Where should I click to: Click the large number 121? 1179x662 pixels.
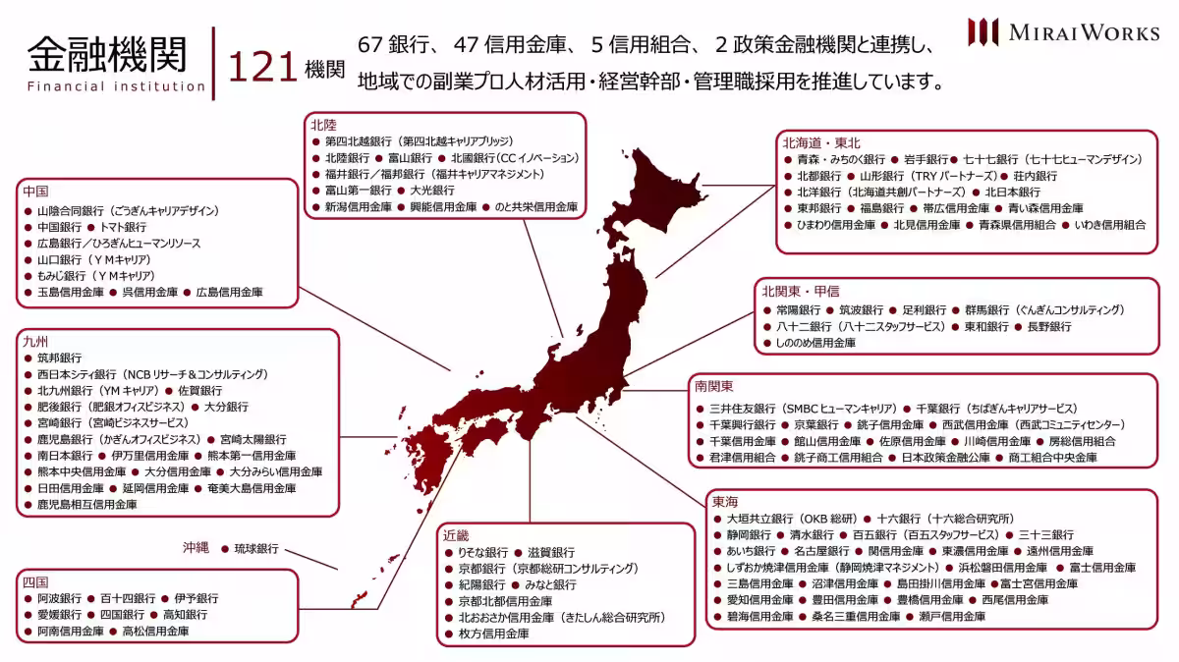click(262, 68)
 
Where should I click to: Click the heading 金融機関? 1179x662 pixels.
click(106, 54)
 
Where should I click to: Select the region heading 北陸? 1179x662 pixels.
click(323, 125)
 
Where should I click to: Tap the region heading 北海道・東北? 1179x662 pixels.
click(821, 142)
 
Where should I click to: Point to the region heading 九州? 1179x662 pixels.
click(35, 341)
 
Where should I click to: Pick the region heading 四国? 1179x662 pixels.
click(35, 581)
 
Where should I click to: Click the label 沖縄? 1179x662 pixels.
click(195, 548)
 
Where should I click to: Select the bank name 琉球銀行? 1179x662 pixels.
click(255, 549)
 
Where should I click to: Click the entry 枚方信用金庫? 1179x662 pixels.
click(493, 634)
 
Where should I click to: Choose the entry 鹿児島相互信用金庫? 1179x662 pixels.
click(86, 504)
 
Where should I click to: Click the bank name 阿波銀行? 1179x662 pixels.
click(60, 598)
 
